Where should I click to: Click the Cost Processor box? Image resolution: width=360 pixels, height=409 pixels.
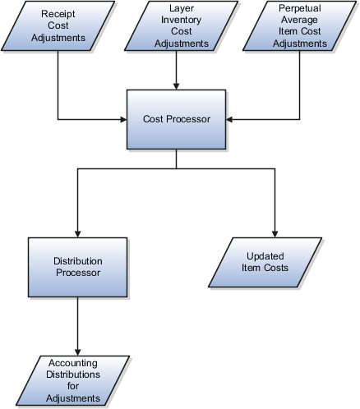point(177,119)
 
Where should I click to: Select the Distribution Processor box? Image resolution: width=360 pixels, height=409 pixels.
point(78,266)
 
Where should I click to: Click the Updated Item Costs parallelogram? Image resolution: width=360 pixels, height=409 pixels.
point(260,264)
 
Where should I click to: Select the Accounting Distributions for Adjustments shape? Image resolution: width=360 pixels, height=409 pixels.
point(75,380)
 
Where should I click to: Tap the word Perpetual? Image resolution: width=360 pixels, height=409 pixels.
point(298,7)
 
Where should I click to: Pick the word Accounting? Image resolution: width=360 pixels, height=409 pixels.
point(74,363)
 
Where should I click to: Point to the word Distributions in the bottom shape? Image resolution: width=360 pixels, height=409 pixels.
point(74,375)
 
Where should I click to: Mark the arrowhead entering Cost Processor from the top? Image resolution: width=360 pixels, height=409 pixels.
point(177,83)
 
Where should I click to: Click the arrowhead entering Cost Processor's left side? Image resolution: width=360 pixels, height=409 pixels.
point(121,119)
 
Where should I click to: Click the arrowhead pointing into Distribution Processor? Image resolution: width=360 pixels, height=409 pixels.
point(77,232)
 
